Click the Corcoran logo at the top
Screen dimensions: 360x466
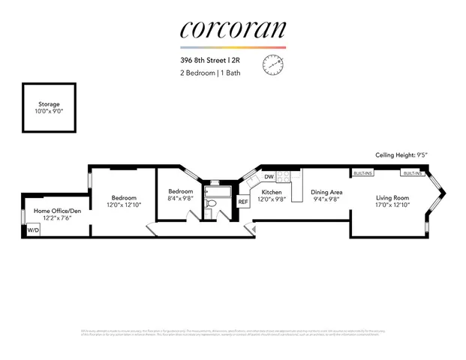click(x=233, y=29)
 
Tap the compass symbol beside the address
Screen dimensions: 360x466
click(x=271, y=66)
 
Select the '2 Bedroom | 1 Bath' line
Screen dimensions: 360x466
click(x=212, y=73)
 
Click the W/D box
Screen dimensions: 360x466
click(x=33, y=230)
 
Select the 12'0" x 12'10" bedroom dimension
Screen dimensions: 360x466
click(x=123, y=205)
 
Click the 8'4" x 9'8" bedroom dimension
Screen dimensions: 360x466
click(x=181, y=199)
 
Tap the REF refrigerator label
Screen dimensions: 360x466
click(x=243, y=202)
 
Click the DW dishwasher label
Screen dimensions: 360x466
click(x=268, y=177)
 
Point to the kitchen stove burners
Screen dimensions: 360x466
click(x=284, y=178)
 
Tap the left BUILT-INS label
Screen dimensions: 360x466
click(x=363, y=173)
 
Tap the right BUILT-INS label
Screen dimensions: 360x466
click(x=412, y=173)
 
